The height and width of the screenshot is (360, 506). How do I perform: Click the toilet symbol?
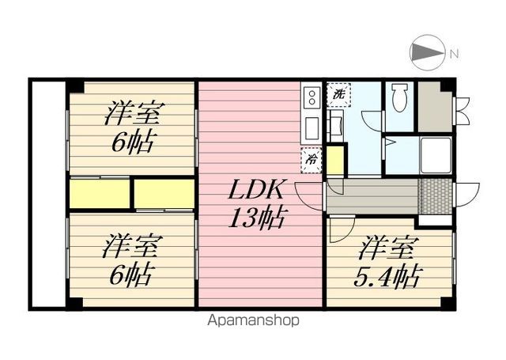tap(399, 97)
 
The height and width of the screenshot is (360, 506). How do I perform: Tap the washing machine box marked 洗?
tap(338, 95)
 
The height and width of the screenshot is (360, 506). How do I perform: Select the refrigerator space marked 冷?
tap(311, 160)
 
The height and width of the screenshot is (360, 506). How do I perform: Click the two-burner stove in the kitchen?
tap(312, 97)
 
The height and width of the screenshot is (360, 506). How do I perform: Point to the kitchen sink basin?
tap(312, 128)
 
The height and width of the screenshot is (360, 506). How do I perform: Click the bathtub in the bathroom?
tap(435, 154)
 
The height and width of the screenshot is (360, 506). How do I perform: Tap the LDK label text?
tap(256, 190)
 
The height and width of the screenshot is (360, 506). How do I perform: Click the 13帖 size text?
tap(257, 218)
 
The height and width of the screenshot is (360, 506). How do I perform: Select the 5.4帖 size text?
tap(387, 276)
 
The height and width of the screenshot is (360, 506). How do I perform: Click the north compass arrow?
tap(427, 52)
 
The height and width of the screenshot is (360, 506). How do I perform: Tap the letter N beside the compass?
tap(455, 54)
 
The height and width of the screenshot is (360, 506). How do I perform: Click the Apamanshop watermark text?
tap(253, 320)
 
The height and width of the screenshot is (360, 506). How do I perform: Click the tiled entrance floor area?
tap(435, 196)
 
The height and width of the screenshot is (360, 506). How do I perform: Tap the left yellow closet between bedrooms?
tap(100, 194)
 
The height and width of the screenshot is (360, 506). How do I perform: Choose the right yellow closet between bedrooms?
tap(164, 194)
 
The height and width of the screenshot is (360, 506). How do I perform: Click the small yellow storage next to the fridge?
tap(335, 161)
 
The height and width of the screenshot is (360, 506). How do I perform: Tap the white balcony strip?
tap(49, 194)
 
